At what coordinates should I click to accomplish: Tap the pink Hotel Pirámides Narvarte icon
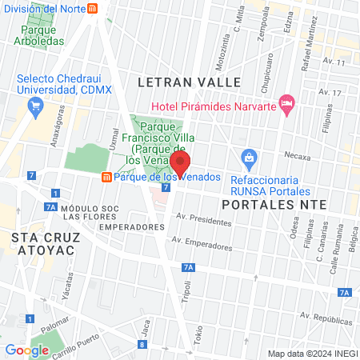tap(287, 103)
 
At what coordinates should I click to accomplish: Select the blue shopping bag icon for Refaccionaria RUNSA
tap(250, 156)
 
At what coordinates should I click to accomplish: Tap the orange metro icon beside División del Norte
tap(93, 9)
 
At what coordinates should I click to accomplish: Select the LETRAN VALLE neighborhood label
tap(189, 82)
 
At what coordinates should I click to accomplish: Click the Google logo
tap(27, 350)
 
